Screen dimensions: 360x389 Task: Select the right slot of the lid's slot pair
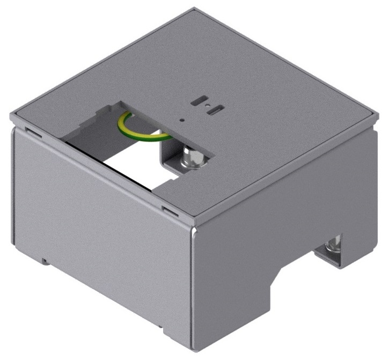point(216,110)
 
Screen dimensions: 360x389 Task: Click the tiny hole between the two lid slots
point(207,106)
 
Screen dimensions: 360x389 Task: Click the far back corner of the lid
point(195,9)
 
